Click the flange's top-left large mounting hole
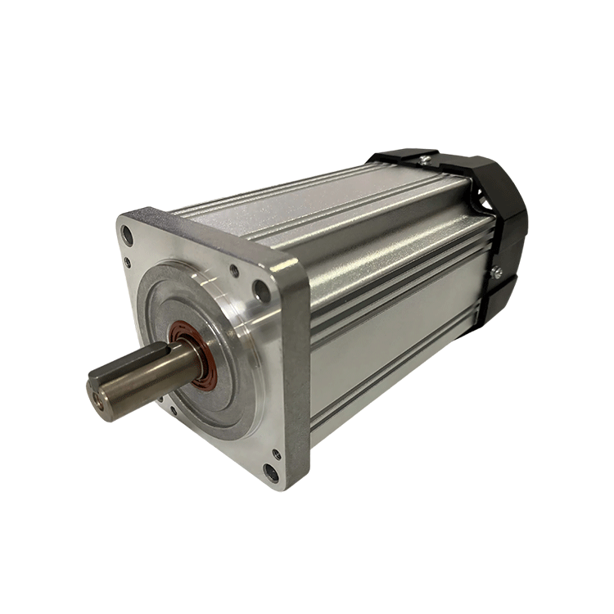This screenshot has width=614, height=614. [x=127, y=235]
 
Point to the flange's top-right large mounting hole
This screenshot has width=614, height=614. [x=261, y=290]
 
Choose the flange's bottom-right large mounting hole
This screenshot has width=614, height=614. [x=269, y=472]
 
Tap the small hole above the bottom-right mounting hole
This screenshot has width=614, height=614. [x=277, y=453]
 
